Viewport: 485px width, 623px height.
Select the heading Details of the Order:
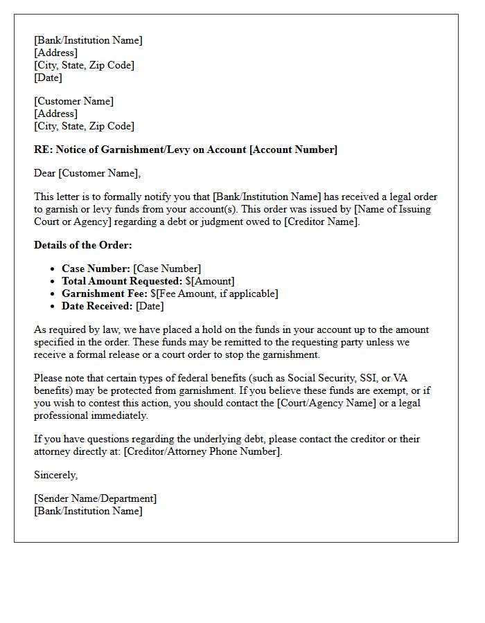[82, 245]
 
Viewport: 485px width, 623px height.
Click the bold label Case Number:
[96, 269]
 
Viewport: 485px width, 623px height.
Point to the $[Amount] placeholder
[212, 281]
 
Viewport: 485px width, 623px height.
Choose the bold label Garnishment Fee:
[104, 294]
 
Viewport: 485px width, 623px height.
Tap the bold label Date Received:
[97, 306]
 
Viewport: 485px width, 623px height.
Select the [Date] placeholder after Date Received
[150, 306]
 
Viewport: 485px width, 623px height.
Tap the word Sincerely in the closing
[55, 475]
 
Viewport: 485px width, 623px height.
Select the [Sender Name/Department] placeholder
[95, 498]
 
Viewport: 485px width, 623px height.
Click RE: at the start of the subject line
[43, 150]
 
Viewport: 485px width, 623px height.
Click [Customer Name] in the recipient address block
[74, 101]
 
